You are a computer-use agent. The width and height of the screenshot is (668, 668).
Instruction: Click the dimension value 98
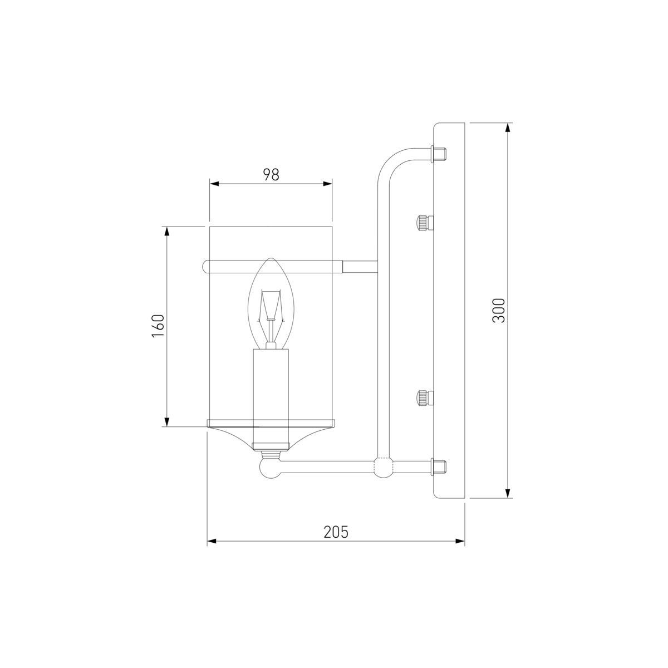coord(271,175)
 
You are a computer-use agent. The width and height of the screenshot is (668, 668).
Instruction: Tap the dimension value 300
coord(499,310)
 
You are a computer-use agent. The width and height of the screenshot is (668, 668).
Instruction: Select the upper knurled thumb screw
coord(425,223)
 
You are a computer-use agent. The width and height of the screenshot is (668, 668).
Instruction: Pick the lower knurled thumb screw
coord(425,398)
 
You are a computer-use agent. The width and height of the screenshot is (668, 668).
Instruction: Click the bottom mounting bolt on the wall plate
coord(438,466)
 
